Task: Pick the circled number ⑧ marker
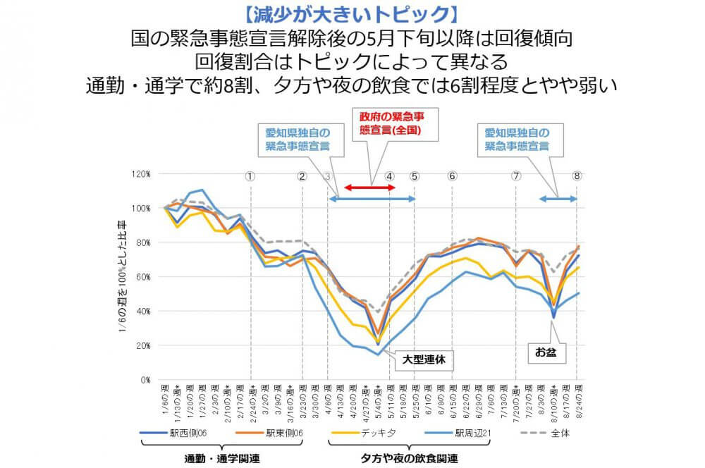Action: [x=577, y=176]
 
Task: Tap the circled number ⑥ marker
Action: [x=452, y=176]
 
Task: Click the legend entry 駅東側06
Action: [x=276, y=433]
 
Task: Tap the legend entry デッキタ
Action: [x=369, y=433]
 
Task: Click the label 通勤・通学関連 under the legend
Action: [x=221, y=458]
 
